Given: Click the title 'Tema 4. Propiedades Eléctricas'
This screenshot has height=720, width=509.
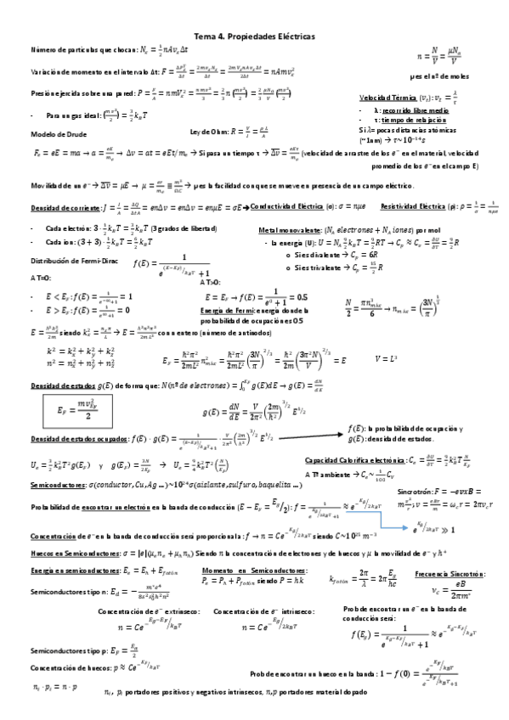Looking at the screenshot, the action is click(254, 37).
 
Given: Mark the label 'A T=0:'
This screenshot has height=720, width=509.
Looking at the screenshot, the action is click(41, 278).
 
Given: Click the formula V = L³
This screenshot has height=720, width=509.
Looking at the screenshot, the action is click(387, 358).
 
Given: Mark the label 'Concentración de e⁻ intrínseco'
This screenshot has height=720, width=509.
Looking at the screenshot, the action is click(253, 611).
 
